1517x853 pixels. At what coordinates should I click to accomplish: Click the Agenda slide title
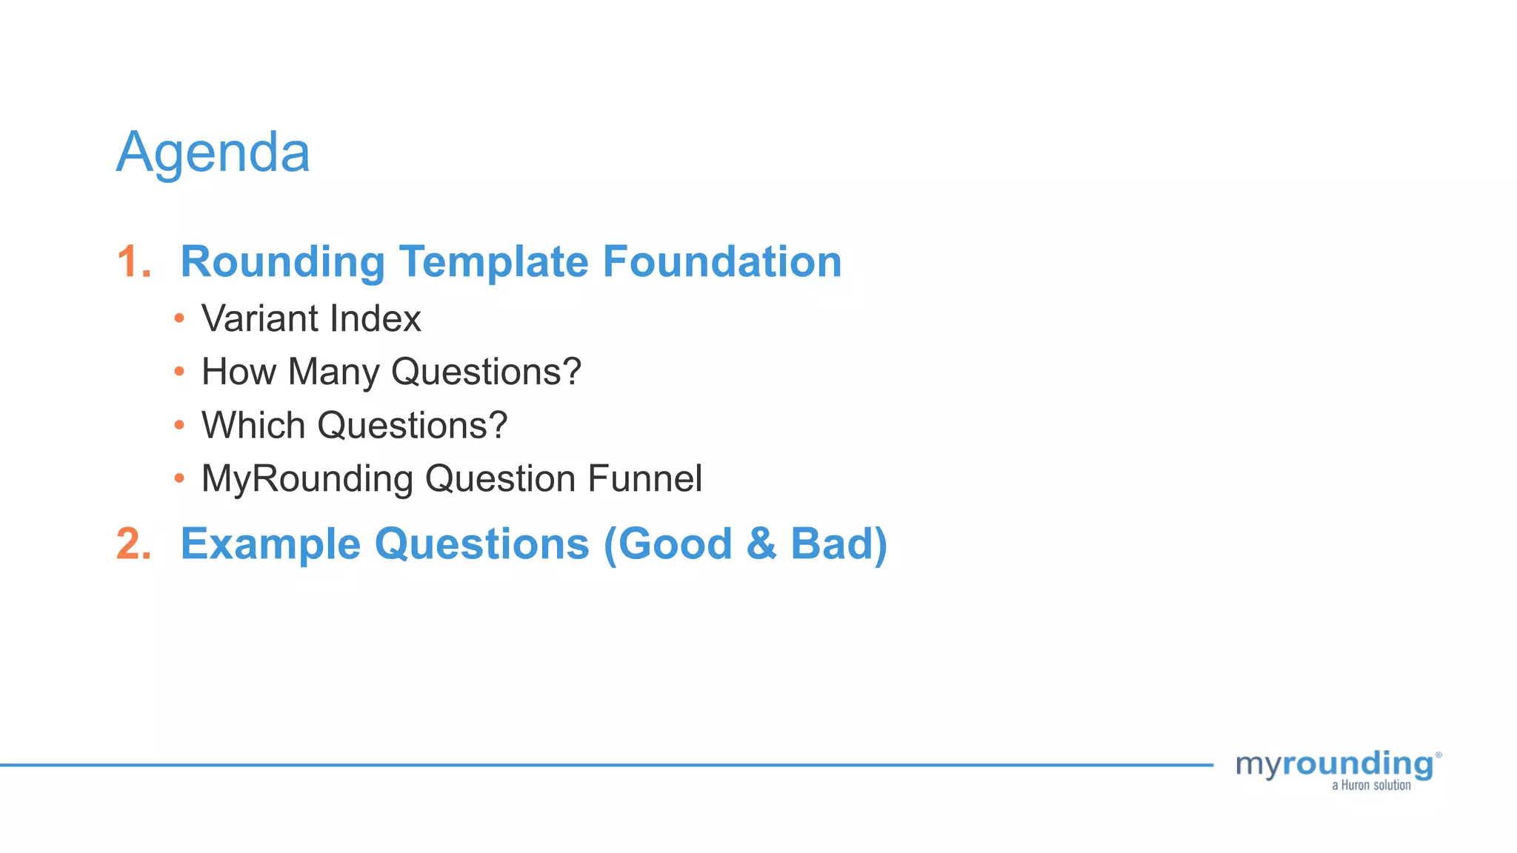[x=213, y=153]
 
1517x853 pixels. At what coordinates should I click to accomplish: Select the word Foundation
[x=722, y=262]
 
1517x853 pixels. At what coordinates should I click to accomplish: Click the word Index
[x=375, y=319]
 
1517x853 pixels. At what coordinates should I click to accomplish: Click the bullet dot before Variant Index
[x=179, y=319]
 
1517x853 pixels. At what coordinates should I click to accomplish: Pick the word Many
[x=333, y=372]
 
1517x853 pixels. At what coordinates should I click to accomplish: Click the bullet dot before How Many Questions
[x=179, y=372]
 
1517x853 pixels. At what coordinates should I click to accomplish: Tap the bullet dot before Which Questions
[x=179, y=425]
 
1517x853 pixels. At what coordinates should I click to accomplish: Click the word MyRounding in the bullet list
[x=307, y=480]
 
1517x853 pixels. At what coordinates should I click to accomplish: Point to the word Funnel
[x=644, y=478]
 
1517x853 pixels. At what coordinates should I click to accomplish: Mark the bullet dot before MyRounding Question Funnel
[x=179, y=478]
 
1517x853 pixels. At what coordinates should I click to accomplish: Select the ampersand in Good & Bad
[x=761, y=544]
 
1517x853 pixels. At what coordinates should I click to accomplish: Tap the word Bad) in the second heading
[x=838, y=544]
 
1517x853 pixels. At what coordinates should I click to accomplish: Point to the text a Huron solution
[x=1371, y=786]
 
